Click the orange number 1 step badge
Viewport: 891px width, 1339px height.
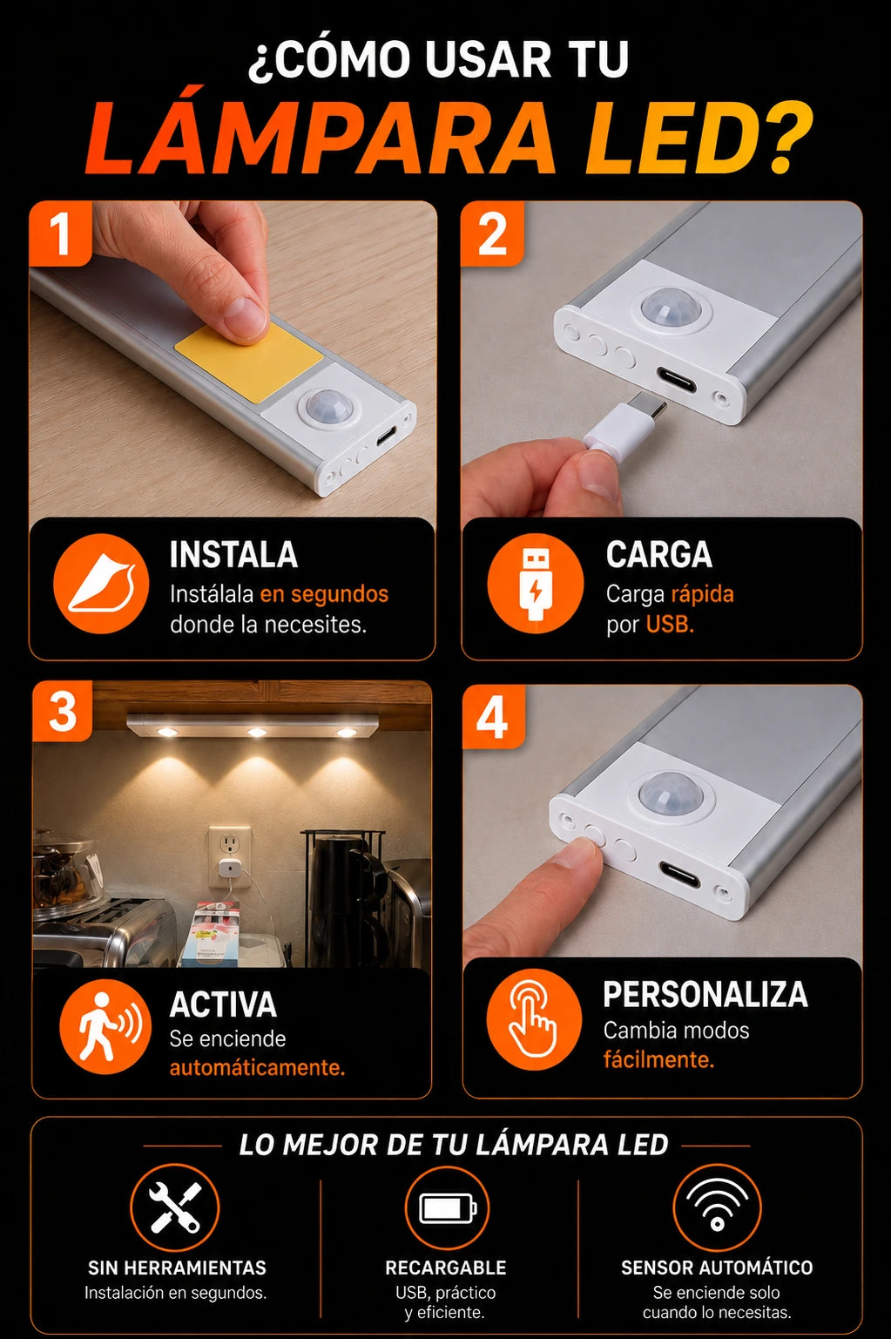click(x=60, y=233)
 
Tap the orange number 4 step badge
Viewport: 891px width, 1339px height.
click(x=493, y=716)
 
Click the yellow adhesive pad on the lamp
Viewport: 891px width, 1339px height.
click(x=249, y=362)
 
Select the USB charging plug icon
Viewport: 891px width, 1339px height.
click(x=535, y=584)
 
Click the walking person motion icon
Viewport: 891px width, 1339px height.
click(x=105, y=1025)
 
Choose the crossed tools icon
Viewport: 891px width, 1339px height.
click(x=175, y=1207)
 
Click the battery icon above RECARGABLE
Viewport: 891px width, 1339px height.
click(x=447, y=1208)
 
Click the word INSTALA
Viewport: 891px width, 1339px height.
click(x=233, y=554)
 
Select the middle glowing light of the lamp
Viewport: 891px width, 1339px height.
click(x=257, y=733)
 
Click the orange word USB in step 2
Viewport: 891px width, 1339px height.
click(x=670, y=625)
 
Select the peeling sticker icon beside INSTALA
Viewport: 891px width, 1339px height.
click(x=101, y=584)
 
